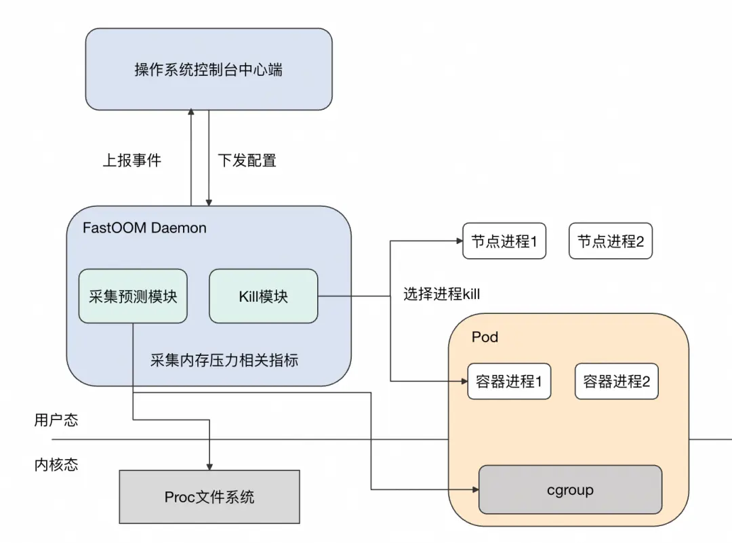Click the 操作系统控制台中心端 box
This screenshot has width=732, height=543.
pos(209,70)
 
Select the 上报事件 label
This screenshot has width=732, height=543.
pos(132,161)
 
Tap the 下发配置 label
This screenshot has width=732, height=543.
pos(247,161)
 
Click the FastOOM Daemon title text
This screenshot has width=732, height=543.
pos(144,228)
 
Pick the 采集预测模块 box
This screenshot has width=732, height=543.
pos(133,296)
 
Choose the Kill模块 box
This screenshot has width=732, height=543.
pos(263,296)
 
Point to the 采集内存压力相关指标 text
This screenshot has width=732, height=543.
pos(224,360)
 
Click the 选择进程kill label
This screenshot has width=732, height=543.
pos(441,294)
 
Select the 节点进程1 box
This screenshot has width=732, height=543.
pos(504,241)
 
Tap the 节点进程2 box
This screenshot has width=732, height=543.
pos(610,241)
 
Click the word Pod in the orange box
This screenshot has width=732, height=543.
pos(485,337)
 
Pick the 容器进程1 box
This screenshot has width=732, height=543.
pos(509,382)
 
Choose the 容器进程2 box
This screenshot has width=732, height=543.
pos(616,382)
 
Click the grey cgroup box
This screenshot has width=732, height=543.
pos(570,489)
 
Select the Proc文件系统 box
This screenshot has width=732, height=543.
pos(209,497)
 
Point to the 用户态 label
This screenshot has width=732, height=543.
pos(56,420)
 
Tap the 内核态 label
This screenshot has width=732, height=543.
pos(56,464)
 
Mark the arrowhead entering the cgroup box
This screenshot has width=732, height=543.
pos(474,489)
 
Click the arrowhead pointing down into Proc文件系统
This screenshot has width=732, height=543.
pos(209,466)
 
